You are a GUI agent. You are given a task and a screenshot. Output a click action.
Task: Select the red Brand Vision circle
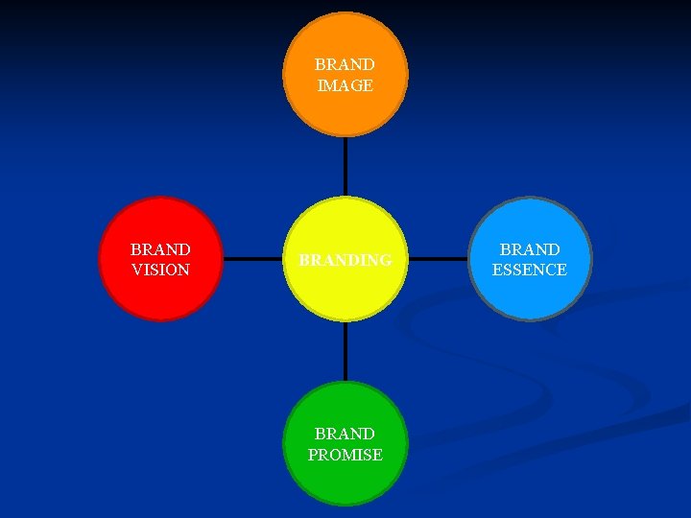pyautogui.click(x=160, y=293)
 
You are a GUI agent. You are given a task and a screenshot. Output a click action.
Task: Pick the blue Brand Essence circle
pyautogui.click(x=530, y=293)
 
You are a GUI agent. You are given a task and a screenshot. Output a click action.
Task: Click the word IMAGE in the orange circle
pyautogui.click(x=345, y=85)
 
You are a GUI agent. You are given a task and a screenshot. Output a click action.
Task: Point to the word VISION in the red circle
pyautogui.click(x=160, y=271)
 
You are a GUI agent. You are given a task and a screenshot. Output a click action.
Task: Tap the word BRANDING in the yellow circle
pyautogui.click(x=345, y=260)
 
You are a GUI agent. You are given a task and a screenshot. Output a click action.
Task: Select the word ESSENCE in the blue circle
pyautogui.click(x=530, y=271)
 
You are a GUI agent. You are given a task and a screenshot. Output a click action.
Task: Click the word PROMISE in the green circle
pyautogui.click(x=345, y=455)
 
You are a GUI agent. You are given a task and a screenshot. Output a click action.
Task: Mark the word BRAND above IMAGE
pyautogui.click(x=345, y=64)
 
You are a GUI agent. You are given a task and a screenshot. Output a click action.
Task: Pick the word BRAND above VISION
pyautogui.click(x=160, y=249)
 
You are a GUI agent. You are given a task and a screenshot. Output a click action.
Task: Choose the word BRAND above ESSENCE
pyautogui.click(x=530, y=249)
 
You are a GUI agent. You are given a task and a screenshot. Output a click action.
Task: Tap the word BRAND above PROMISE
pyautogui.click(x=345, y=434)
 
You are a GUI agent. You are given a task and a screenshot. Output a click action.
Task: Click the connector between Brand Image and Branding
pyautogui.click(x=345, y=167)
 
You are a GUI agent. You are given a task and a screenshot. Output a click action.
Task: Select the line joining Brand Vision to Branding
pyautogui.click(x=252, y=259)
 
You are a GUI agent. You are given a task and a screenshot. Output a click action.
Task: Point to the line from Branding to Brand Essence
pyautogui.click(x=438, y=259)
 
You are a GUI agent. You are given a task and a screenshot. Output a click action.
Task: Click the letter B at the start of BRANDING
pyautogui.click(x=303, y=260)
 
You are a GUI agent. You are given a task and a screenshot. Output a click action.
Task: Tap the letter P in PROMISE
pyautogui.click(x=313, y=455)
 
